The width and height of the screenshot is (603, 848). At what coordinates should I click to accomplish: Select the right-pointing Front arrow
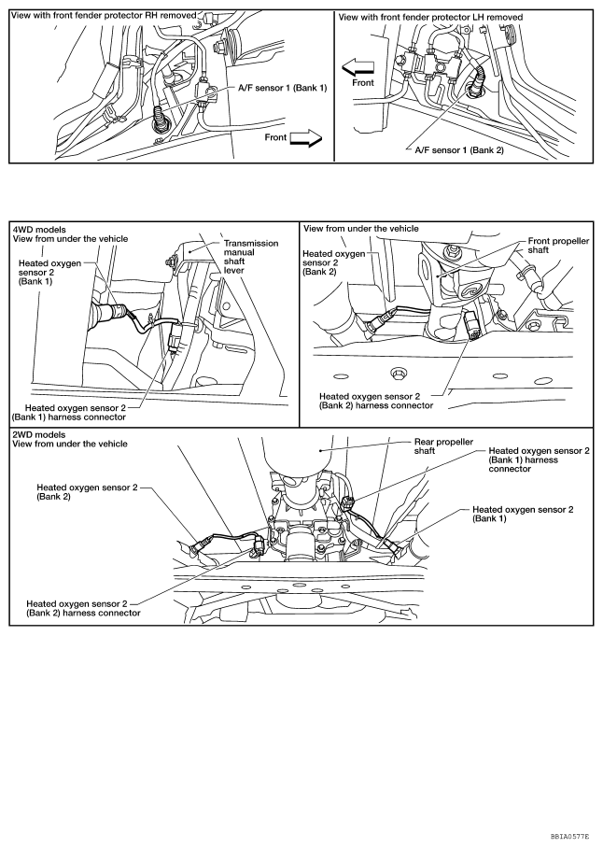305,139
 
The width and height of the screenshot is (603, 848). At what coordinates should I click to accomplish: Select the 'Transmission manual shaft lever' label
250,257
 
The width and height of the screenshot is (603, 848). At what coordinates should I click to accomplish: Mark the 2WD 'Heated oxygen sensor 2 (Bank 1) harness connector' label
539,459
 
